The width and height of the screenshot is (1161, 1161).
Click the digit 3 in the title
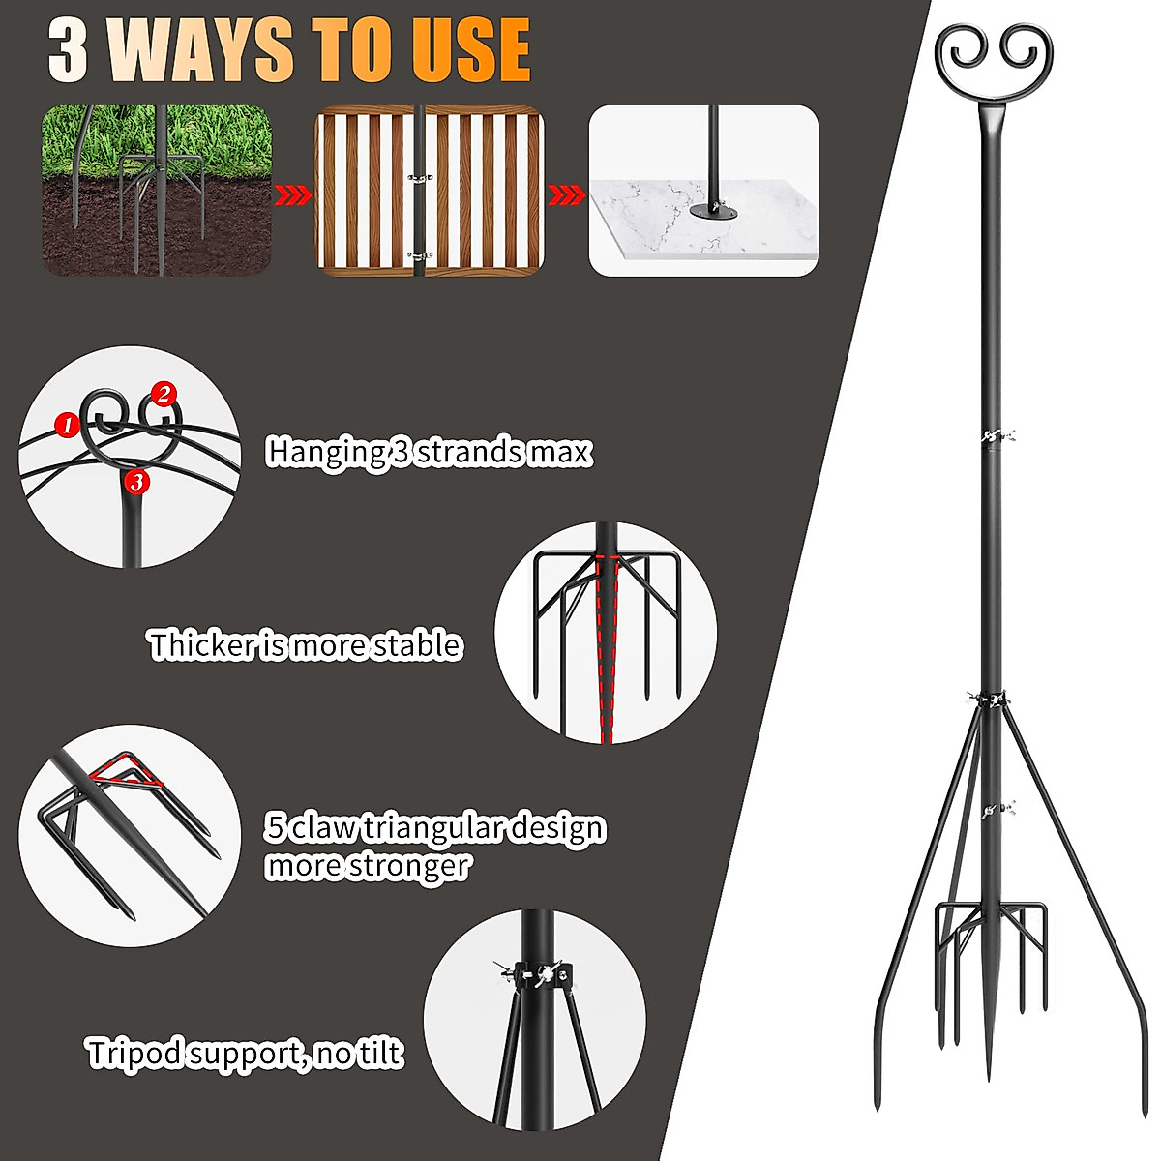point(69,50)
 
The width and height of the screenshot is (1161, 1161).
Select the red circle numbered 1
point(67,423)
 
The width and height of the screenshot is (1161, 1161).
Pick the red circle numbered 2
point(164,394)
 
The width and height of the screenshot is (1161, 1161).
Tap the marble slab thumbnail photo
point(703,191)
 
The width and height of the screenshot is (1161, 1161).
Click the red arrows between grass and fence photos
point(292,196)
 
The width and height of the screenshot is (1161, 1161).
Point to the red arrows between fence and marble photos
point(566,196)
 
